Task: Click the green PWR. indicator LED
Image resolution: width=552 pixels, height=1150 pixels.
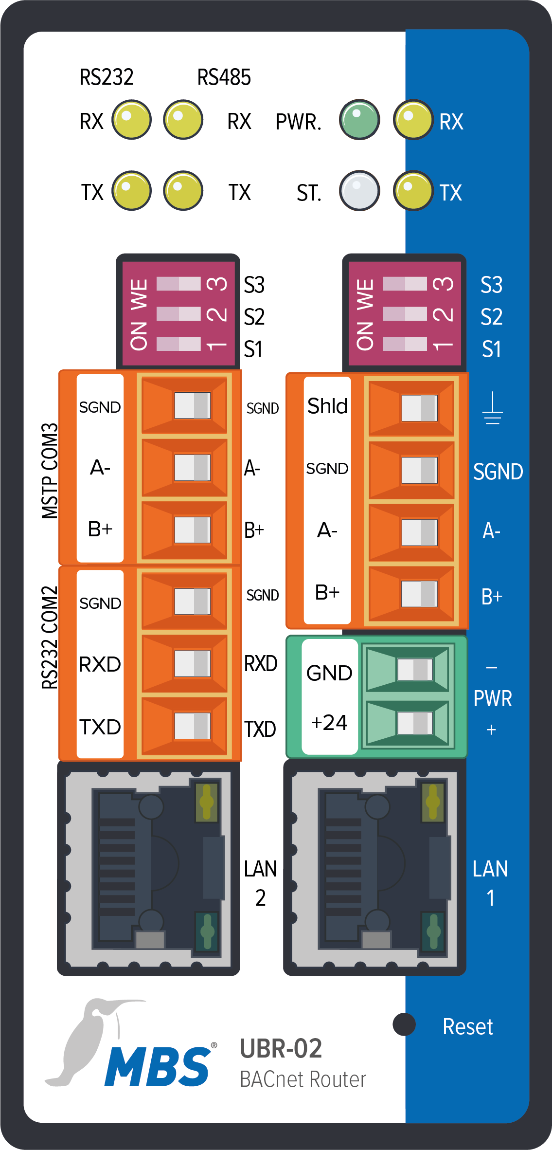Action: coord(359,120)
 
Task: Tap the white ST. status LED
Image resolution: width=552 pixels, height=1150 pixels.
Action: coord(359,190)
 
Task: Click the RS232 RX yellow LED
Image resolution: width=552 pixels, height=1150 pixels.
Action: coord(131,120)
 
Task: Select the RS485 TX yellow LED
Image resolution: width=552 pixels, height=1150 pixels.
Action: coord(183,190)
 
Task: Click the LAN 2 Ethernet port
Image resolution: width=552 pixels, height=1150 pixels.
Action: coord(149,868)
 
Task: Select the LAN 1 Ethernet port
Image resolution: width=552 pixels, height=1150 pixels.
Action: coord(375,868)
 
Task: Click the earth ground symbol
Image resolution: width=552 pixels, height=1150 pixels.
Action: coord(492,409)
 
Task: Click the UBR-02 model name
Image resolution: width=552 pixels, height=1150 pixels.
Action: coord(281,1049)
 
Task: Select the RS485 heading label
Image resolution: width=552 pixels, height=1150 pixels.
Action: coord(224,77)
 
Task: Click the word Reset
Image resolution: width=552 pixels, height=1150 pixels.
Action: coord(467,1027)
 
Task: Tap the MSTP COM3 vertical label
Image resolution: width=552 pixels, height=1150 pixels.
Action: coord(50,471)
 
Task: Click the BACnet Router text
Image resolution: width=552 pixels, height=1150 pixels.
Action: coord(303,1079)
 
